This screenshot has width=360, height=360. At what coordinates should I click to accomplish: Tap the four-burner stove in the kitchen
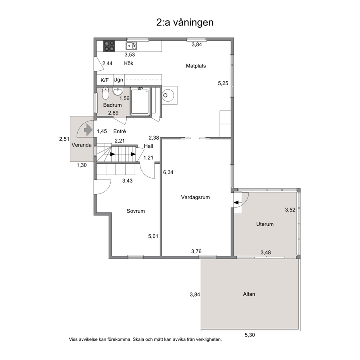[109, 46]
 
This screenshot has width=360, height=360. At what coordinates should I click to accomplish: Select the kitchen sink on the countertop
[131, 46]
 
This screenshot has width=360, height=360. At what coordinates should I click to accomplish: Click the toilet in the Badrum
[105, 93]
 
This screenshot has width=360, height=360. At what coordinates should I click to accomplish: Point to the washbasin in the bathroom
[118, 91]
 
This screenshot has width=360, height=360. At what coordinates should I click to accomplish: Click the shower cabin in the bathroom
[140, 102]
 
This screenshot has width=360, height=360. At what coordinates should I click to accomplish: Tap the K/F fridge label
[105, 80]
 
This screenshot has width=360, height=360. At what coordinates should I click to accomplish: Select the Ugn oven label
[118, 80]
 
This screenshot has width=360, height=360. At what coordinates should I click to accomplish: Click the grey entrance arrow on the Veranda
[88, 130]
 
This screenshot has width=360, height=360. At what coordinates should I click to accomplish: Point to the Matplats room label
[196, 66]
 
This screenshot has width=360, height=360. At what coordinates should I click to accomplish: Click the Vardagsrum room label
[195, 197]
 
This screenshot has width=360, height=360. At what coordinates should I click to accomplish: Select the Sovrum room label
[136, 211]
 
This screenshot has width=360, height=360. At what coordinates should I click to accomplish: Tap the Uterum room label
[265, 224]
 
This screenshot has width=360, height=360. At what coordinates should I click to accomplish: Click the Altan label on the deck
[249, 294]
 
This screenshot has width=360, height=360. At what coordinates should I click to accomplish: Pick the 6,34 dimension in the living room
[168, 172]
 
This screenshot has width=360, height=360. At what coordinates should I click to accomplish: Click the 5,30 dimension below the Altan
[250, 335]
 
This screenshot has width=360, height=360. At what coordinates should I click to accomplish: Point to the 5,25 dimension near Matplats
[223, 83]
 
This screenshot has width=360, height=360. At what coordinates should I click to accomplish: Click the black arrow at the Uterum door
[236, 202]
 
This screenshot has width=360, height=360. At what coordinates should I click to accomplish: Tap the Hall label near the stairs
[148, 146]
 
